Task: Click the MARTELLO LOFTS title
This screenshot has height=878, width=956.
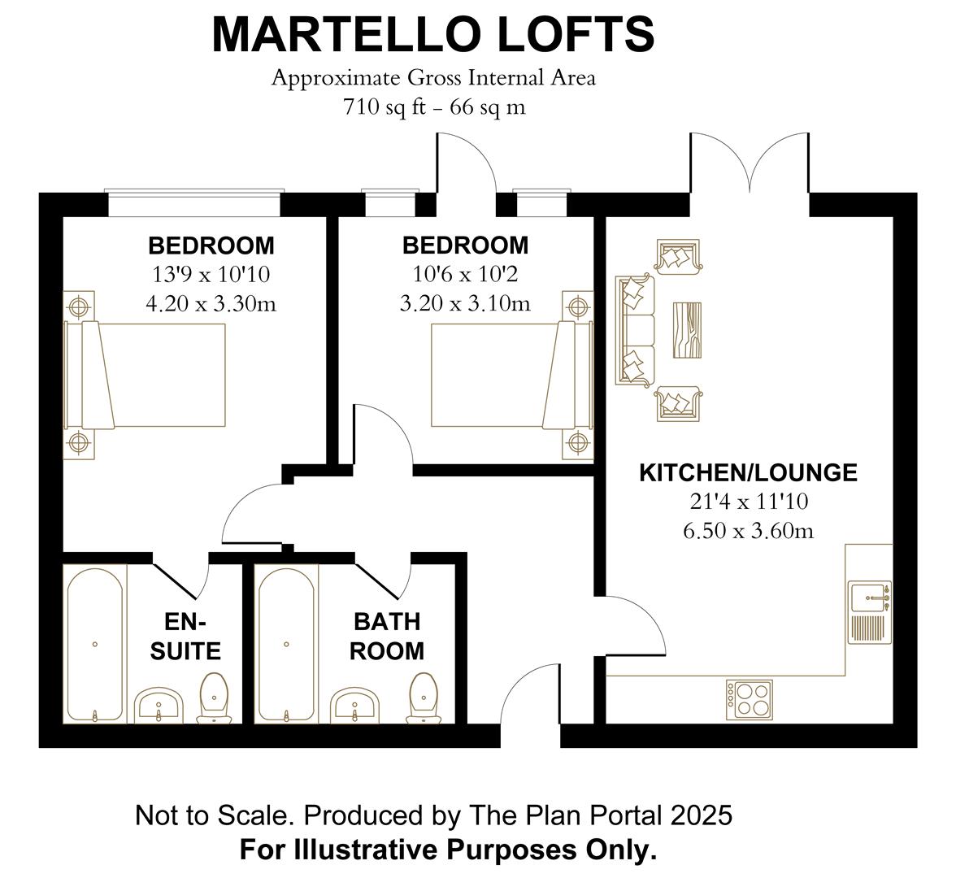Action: coord(432,34)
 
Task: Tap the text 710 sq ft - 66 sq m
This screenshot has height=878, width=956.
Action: coord(434,106)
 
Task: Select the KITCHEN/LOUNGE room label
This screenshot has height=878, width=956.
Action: coord(748,472)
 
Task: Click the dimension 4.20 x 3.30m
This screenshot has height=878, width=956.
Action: coord(211,303)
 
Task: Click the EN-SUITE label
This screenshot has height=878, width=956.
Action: coord(186,637)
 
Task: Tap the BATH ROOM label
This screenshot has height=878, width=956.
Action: coord(387,637)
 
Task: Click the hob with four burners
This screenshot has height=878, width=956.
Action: coord(750,699)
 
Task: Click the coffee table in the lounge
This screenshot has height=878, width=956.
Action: coord(688,329)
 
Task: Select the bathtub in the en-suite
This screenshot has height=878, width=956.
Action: coord(95,644)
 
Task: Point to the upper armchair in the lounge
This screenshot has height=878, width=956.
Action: coord(676,257)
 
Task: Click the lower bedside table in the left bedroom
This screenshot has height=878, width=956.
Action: coord(79,442)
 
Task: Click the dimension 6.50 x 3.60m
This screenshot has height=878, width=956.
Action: coord(748,531)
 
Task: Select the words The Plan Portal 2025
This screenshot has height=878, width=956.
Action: coord(597,815)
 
